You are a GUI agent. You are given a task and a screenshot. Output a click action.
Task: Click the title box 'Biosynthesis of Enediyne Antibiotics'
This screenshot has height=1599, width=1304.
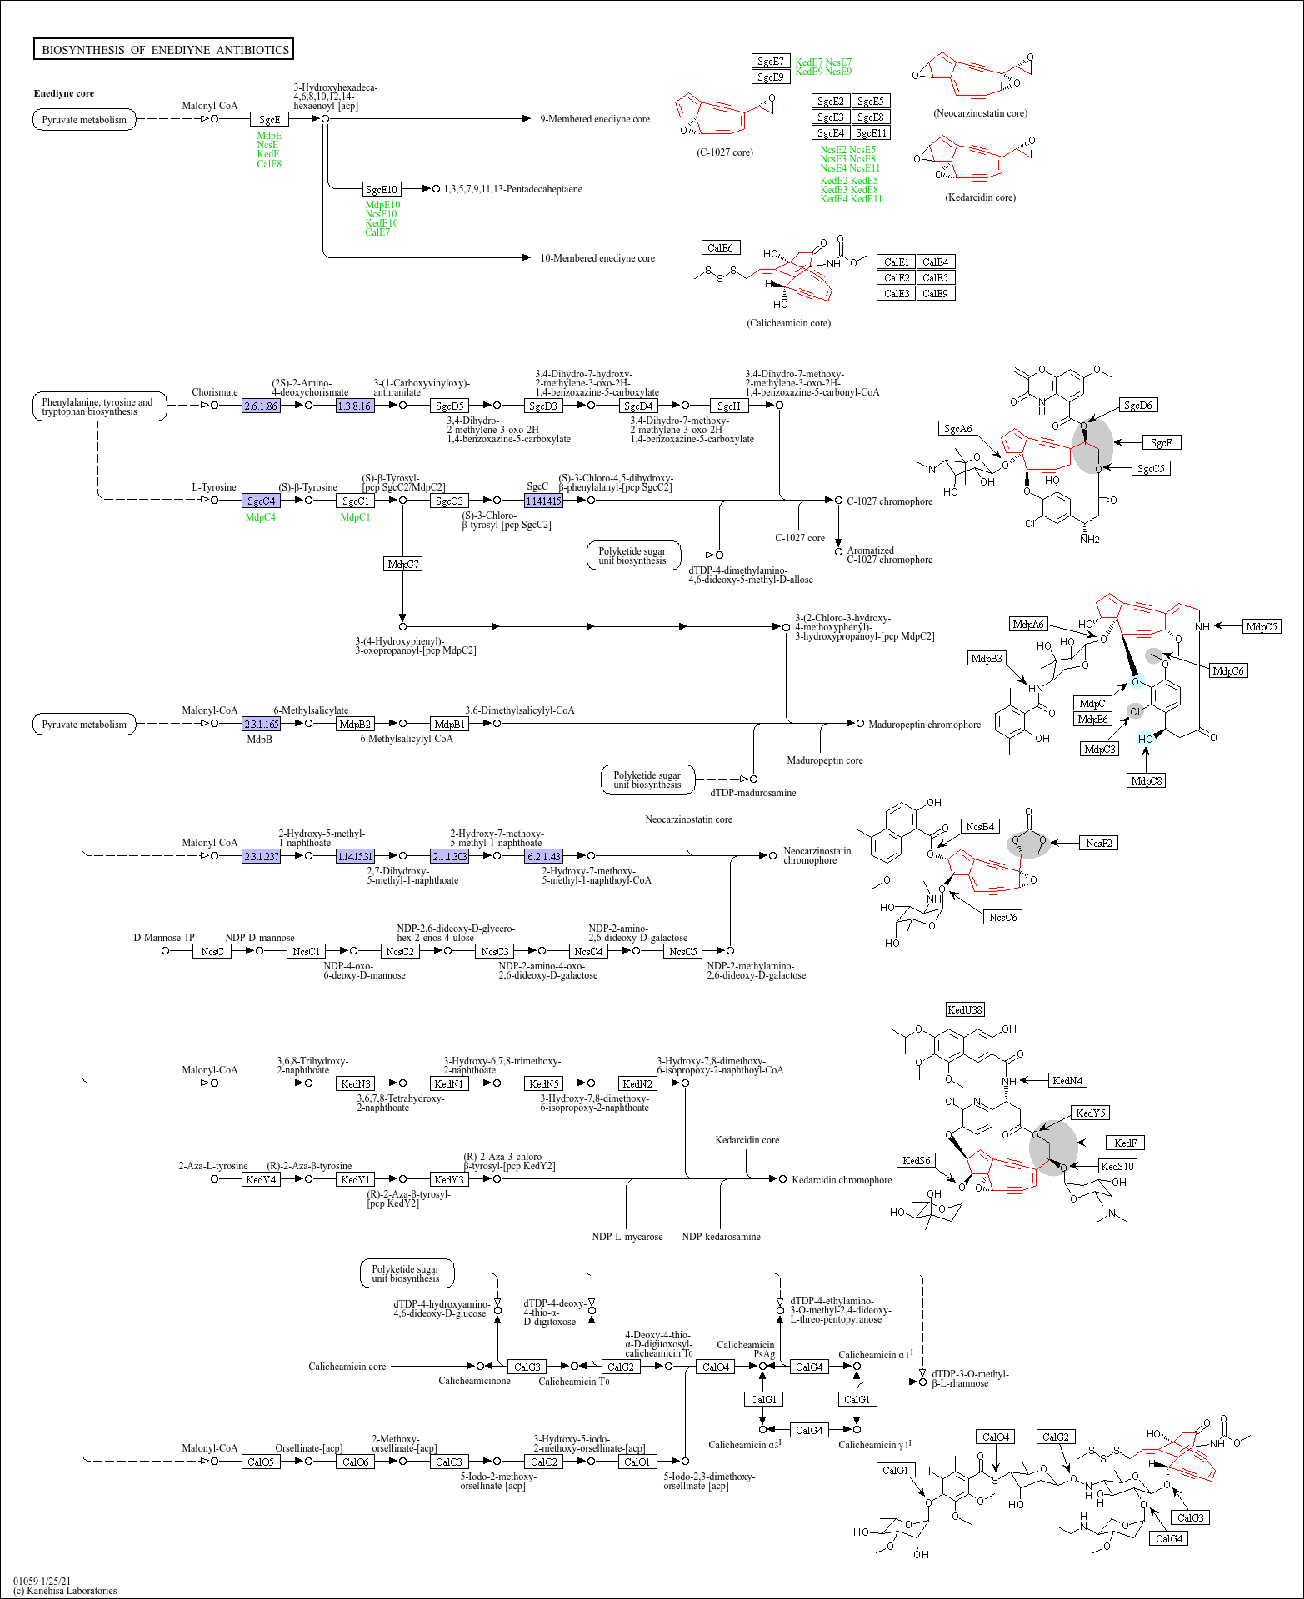coord(163,49)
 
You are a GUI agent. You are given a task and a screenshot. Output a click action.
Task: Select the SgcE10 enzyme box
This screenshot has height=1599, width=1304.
coord(382,189)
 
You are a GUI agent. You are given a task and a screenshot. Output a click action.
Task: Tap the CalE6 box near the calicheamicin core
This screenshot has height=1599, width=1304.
coord(720,247)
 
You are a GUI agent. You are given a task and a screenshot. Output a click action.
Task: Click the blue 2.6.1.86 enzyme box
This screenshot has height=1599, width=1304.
coord(261,406)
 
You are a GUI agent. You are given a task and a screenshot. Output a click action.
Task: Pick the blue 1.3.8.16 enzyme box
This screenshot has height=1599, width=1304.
coord(355,406)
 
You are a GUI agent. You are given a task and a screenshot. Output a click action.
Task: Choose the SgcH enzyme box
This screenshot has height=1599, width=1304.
coord(729,406)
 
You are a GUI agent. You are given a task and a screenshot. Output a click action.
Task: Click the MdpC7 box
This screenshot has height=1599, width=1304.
coord(403,564)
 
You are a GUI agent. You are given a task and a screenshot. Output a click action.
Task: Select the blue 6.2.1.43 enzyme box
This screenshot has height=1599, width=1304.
coord(544,855)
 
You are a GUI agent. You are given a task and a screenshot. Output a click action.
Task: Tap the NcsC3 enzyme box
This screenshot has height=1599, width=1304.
coord(495,951)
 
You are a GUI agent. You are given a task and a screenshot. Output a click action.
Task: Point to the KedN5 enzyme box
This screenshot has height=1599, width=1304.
coord(544,1083)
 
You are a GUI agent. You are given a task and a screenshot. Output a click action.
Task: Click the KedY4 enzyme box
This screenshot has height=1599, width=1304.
coord(261,1179)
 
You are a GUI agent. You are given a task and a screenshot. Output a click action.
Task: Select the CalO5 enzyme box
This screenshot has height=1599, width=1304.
coord(261,1461)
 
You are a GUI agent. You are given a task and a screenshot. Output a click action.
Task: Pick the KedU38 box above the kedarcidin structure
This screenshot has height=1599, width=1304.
coord(965,1009)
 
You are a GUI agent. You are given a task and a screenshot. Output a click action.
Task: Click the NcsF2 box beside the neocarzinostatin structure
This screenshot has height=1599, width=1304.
coord(1099,843)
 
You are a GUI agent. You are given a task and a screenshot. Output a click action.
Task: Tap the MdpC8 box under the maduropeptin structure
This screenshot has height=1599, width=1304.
coord(1147,780)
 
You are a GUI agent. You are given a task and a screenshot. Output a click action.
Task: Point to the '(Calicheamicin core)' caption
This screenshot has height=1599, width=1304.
coord(788,323)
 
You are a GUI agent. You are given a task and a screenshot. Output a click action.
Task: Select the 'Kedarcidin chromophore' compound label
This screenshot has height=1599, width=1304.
coord(842,1180)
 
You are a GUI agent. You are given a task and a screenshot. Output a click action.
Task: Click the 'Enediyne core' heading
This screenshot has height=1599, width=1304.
coord(64,93)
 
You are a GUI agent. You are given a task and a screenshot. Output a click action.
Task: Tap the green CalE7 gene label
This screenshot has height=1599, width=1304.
coord(377,232)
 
